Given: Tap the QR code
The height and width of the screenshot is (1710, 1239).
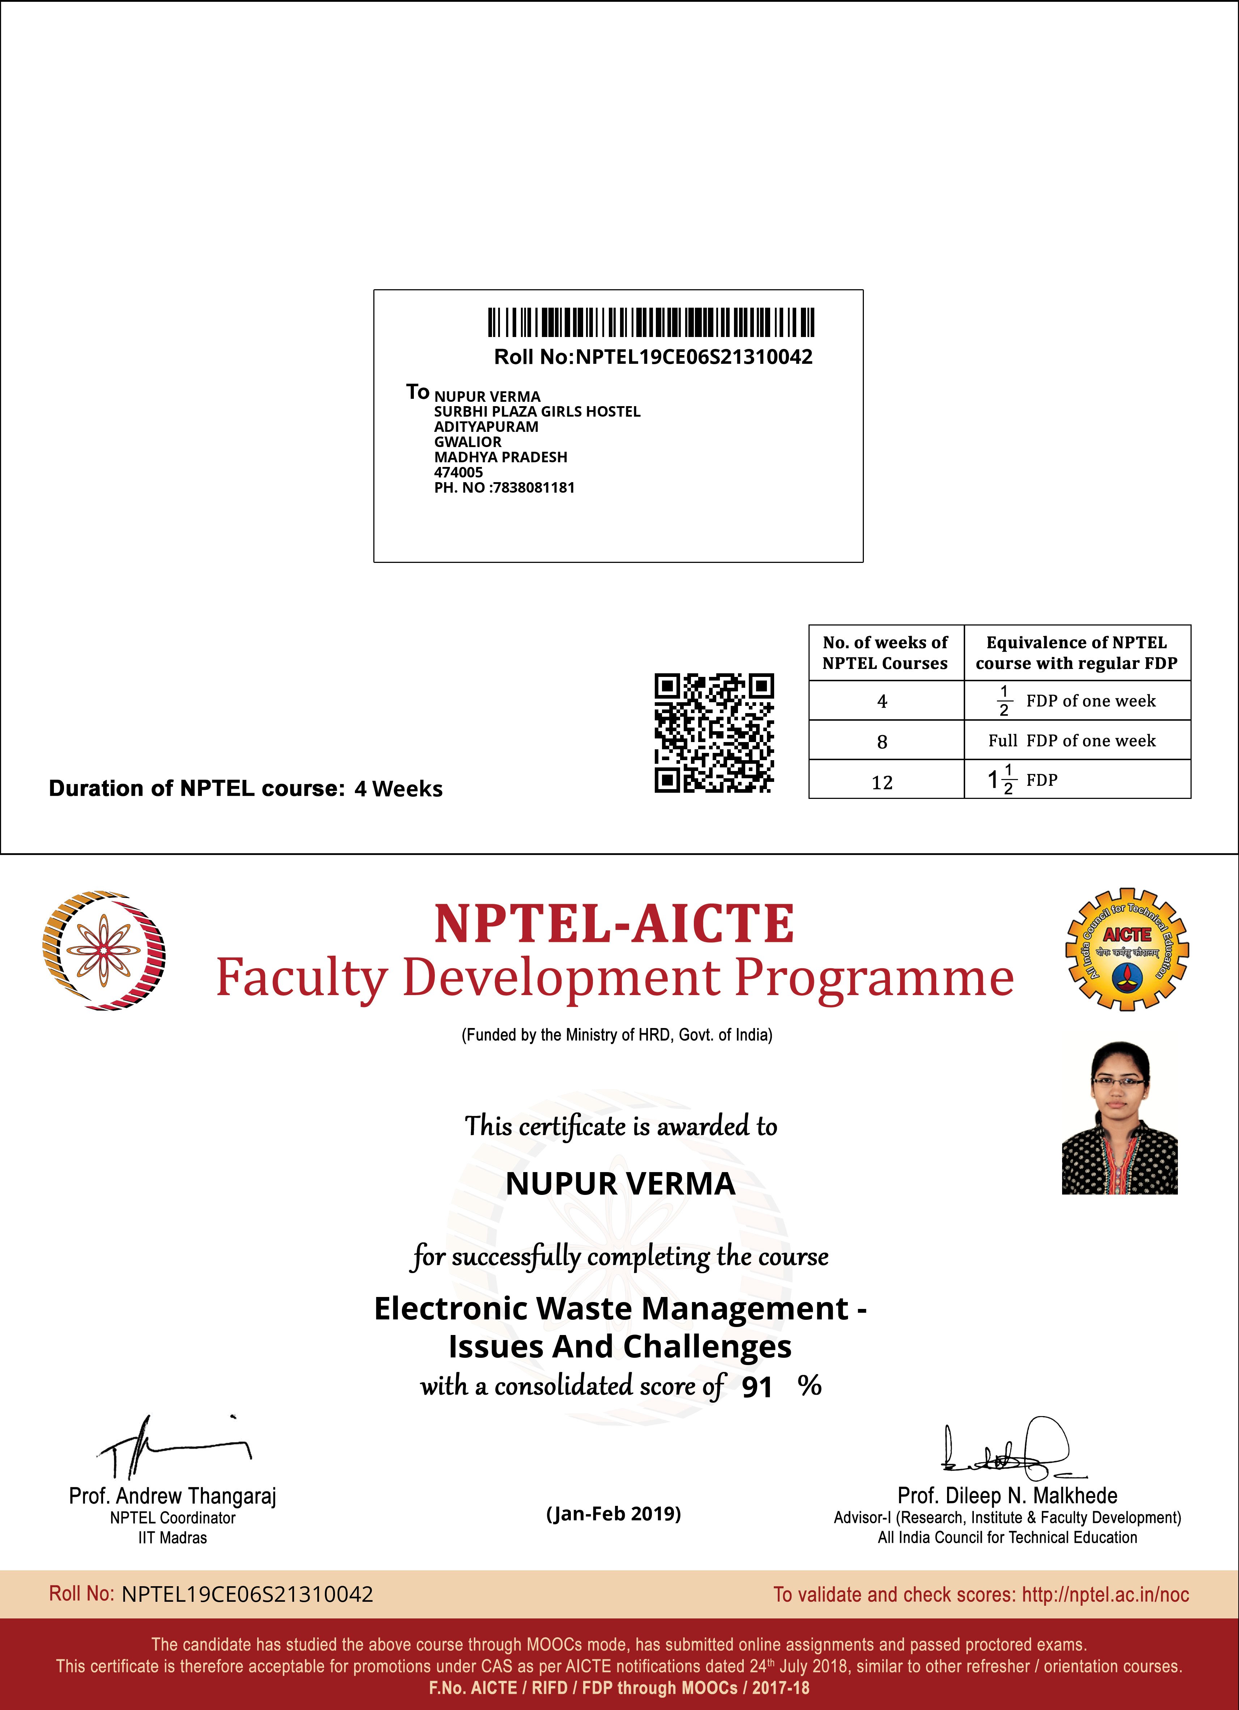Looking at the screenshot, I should pyautogui.click(x=714, y=733).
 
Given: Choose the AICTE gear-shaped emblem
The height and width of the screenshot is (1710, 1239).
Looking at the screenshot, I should pyautogui.click(x=1127, y=949).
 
